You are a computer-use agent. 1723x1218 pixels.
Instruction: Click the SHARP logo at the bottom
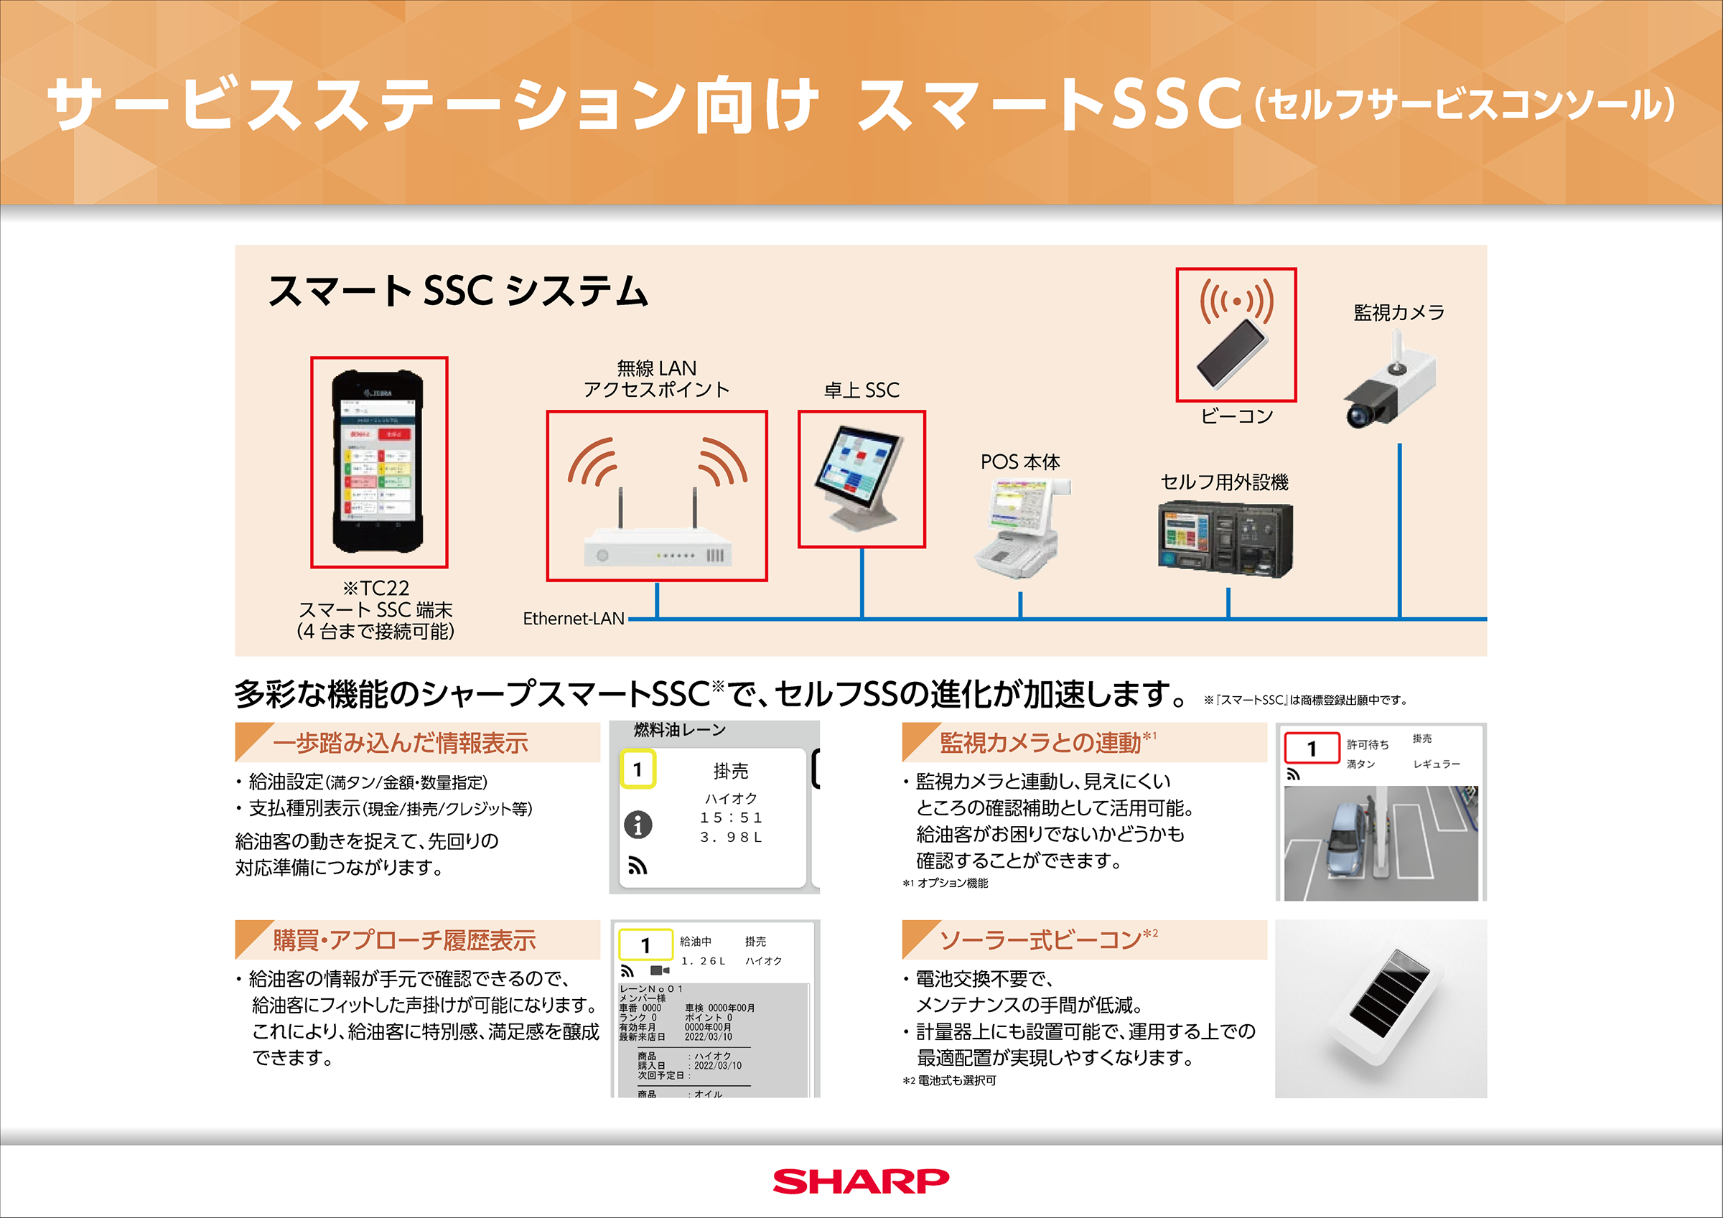coord(861,1181)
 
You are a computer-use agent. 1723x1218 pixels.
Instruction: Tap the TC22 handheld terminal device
coord(378,461)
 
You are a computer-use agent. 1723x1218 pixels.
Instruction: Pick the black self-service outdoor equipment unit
coord(1225,539)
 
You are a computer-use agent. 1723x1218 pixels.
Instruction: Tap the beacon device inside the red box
coord(1233,352)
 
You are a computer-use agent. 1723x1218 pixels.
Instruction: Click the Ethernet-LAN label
coord(574,619)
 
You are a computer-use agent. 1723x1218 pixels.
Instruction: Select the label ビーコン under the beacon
coord(1236,416)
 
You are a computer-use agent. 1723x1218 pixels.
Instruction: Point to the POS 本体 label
coord(1020,462)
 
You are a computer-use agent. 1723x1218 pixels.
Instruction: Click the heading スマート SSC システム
coord(458,291)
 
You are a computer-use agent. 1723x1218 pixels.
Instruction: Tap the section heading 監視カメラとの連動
coord(1040,743)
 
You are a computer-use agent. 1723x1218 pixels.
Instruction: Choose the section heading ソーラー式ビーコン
coord(1040,940)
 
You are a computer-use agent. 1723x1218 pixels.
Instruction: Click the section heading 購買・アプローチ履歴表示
coord(403,940)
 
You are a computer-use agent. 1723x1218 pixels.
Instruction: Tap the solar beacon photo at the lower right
coord(1381,1008)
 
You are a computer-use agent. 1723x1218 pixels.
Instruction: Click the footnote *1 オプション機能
coord(945,884)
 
